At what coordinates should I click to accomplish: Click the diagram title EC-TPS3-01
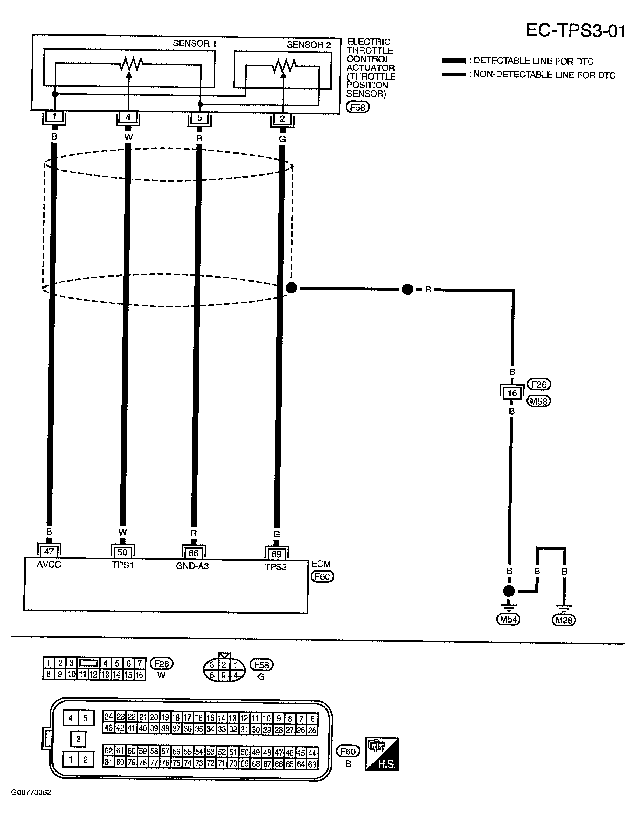(575, 31)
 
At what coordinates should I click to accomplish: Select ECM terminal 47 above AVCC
(49, 552)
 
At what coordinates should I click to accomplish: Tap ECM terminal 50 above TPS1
(122, 552)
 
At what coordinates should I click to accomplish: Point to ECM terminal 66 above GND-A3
(193, 553)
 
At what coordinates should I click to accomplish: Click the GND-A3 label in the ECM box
(192, 566)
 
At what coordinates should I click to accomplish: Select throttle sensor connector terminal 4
(128, 117)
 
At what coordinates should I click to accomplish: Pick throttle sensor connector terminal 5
(199, 118)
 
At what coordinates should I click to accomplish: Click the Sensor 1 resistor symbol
(131, 64)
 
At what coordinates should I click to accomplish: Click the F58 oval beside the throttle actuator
(357, 108)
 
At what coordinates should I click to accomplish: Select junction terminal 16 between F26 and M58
(512, 393)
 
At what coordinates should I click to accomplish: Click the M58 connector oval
(539, 402)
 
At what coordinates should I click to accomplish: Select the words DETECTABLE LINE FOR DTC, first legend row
(533, 61)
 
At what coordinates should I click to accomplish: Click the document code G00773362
(31, 792)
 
